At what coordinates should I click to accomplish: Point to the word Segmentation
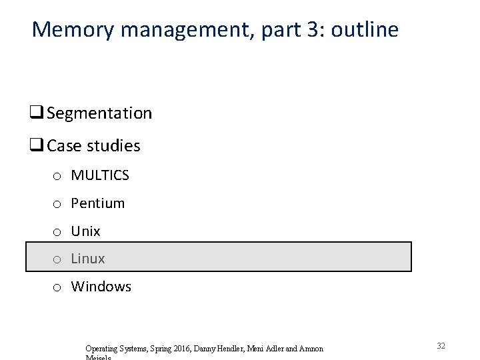[99, 113]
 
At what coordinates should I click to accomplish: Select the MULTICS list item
[100, 175]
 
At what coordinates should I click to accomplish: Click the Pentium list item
[98, 203]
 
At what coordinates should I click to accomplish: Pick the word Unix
[85, 231]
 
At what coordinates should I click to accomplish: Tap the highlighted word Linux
[88, 258]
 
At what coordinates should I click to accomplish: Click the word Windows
[101, 287]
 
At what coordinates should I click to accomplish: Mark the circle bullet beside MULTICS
[58, 176]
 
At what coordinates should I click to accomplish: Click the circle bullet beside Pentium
[58, 204]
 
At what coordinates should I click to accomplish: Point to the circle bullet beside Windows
[58, 287]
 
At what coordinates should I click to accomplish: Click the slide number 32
[441, 346]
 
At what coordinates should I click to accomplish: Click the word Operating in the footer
[102, 349]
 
